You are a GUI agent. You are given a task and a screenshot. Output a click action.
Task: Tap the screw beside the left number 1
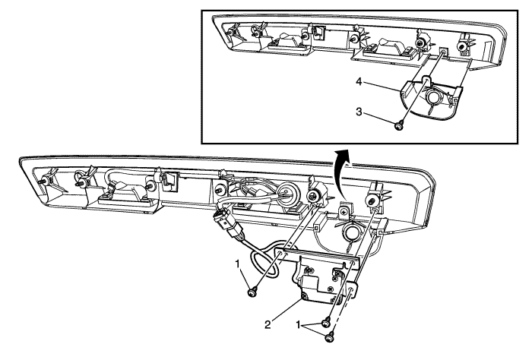point(252,289)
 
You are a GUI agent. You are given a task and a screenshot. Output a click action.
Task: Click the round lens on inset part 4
point(437,97)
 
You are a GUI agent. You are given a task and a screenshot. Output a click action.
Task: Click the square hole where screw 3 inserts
point(441,55)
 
